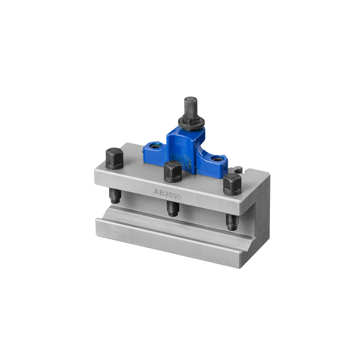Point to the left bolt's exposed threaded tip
(x=115, y=196)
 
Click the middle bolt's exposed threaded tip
(x=172, y=209)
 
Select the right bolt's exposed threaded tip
(x=232, y=222)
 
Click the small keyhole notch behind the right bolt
(x=238, y=170)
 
